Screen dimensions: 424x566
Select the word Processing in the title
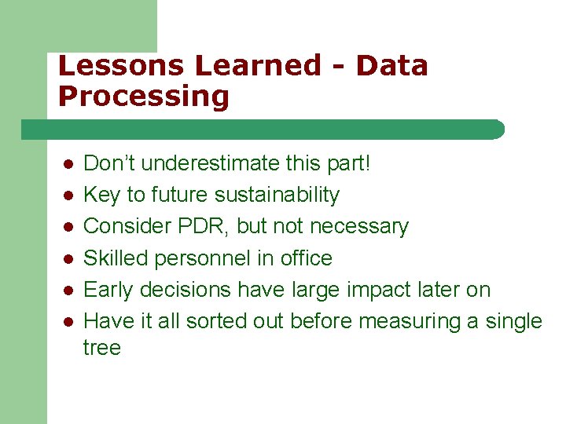[143, 97]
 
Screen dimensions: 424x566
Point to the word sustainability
[277, 195]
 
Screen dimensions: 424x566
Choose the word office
[305, 258]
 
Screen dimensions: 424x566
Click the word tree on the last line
[101, 347]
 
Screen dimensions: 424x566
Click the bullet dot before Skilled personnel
[68, 259]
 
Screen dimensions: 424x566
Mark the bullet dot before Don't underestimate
[68, 165]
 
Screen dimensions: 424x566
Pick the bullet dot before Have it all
[68, 322]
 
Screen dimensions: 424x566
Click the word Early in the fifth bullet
[108, 290]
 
